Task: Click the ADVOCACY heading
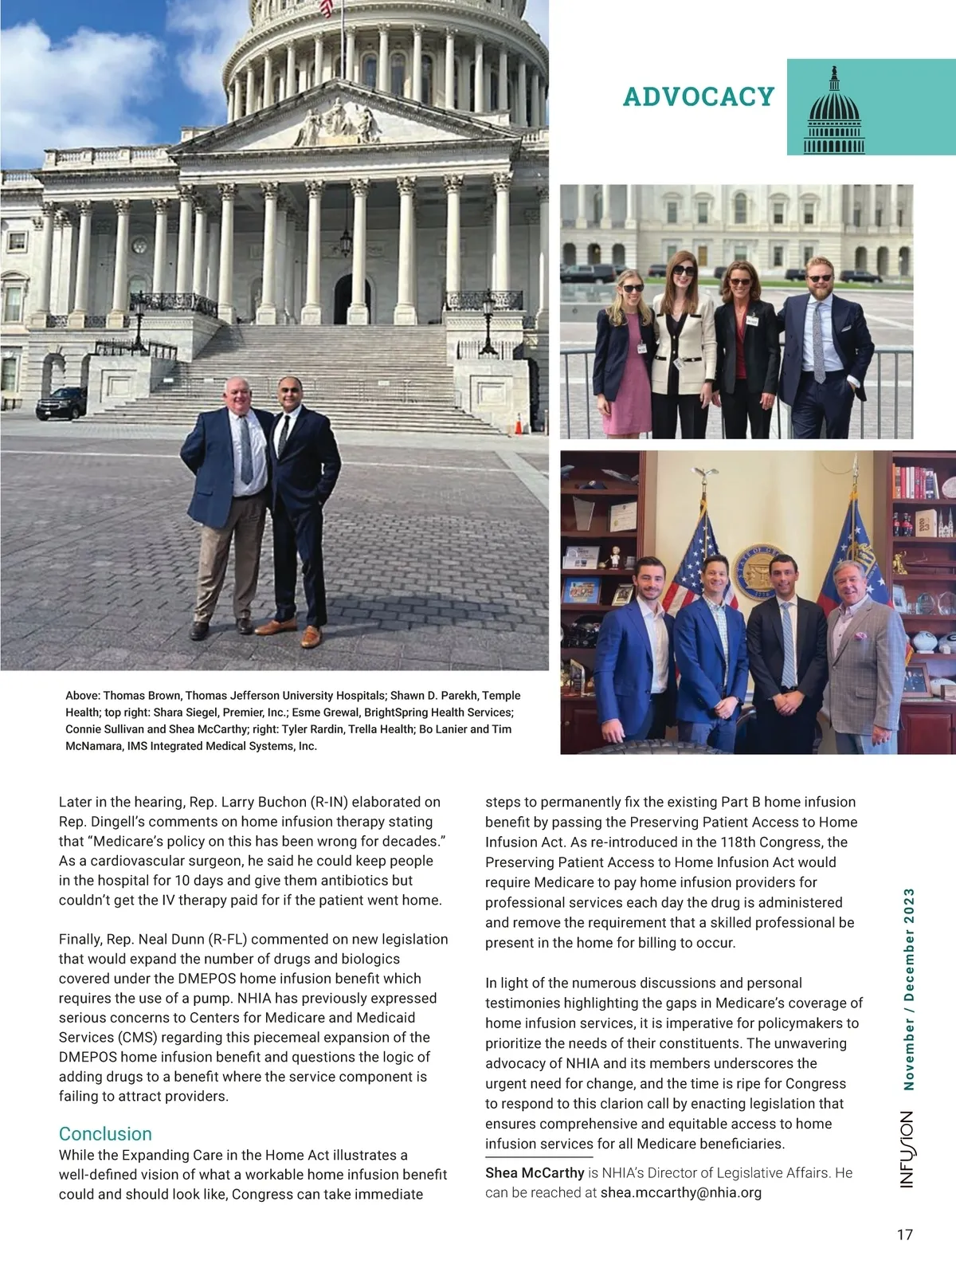(x=698, y=96)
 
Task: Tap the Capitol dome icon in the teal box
(x=834, y=112)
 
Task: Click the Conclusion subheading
(x=105, y=1133)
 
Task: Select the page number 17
(x=904, y=1235)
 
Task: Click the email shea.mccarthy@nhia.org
(x=680, y=1192)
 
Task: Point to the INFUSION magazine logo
(x=907, y=1148)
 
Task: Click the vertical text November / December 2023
(x=908, y=988)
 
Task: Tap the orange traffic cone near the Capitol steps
(x=519, y=424)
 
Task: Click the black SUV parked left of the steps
(x=61, y=404)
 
